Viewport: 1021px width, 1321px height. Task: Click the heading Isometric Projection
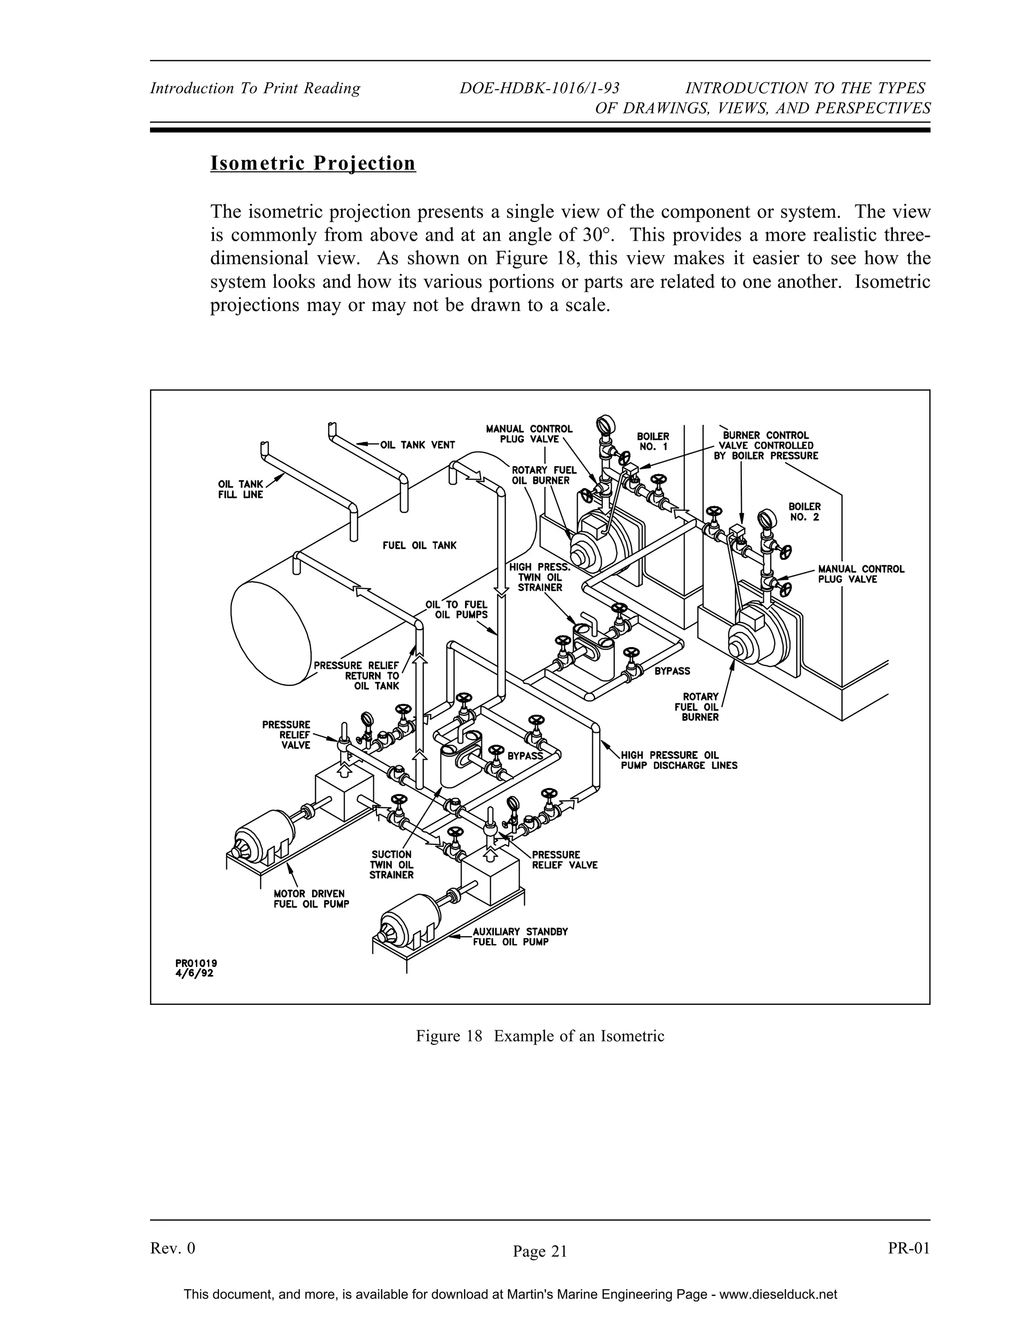tap(313, 164)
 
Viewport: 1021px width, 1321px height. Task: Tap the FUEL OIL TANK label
tap(419, 545)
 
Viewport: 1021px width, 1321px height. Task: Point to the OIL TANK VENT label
tap(417, 445)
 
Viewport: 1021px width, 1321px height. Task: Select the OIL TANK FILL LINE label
tap(240, 490)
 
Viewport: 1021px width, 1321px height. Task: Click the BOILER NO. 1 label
tap(653, 441)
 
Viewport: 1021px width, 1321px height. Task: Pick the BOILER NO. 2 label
tap(805, 512)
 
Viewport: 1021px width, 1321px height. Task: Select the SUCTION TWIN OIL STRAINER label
tap(391, 864)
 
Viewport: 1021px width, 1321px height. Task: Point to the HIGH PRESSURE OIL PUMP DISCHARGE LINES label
tap(679, 760)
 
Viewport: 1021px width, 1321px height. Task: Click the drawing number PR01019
tap(196, 963)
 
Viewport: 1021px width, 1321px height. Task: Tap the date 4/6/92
tap(194, 974)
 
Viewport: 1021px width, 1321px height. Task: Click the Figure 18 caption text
tap(539, 1035)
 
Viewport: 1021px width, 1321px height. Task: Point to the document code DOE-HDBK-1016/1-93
tap(539, 88)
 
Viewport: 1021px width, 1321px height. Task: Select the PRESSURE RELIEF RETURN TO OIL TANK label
tap(357, 675)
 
